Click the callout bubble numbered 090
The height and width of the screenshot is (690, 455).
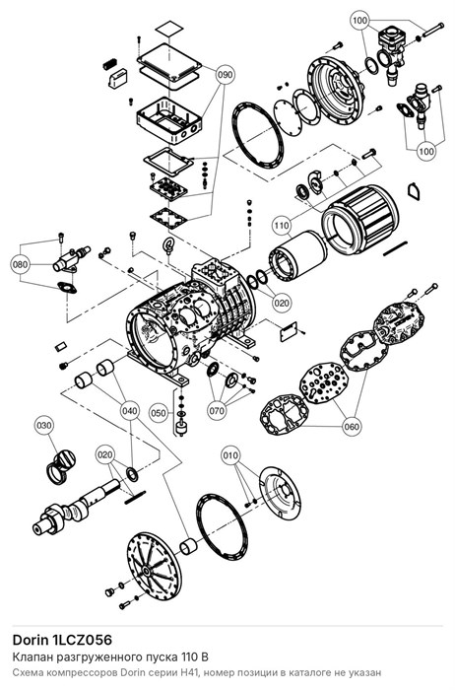pos(225,75)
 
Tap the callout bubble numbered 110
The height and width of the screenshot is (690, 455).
pos(282,226)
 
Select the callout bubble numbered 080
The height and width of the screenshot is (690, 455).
pos(20,265)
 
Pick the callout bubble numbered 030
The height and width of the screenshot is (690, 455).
pos(44,426)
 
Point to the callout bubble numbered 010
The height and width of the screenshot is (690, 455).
pos(231,454)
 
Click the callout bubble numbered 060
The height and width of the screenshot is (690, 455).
pos(352,427)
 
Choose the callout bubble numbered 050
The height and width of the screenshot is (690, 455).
pos(159,413)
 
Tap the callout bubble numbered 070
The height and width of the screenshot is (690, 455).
pos(217,411)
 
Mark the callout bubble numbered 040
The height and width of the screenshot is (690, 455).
pos(130,411)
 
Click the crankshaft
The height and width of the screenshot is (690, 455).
pos(76,507)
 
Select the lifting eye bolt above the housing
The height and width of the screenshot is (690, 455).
pos(168,244)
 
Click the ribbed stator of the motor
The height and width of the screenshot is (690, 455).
pos(360,220)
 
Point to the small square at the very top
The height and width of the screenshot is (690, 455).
pos(169,29)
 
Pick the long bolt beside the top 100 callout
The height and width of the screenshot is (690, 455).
pos(433,31)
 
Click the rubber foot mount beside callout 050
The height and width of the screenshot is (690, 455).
pos(179,428)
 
